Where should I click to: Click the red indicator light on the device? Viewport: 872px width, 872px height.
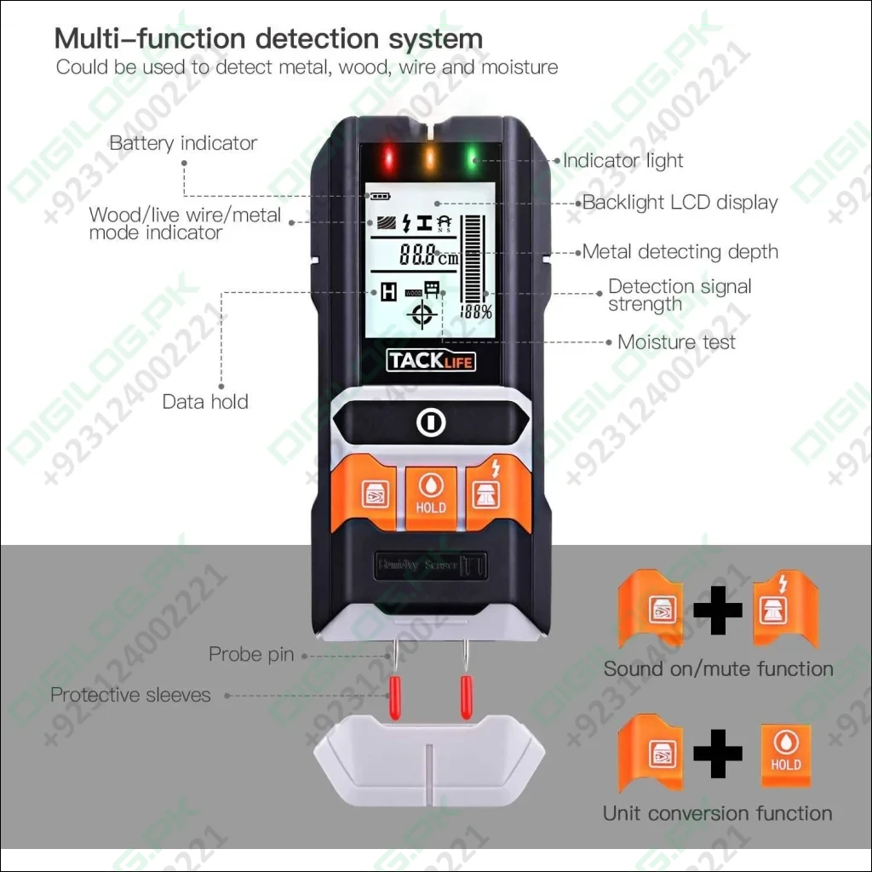pyautogui.click(x=390, y=158)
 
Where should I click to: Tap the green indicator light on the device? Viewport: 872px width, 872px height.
pyautogui.click(x=471, y=158)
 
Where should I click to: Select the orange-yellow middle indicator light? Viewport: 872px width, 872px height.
pyautogui.click(x=430, y=158)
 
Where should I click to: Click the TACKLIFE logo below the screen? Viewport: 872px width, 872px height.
pyautogui.click(x=431, y=361)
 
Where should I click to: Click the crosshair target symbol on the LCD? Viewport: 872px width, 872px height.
pyautogui.click(x=422, y=316)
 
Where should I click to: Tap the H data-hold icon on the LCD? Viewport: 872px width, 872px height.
pyautogui.click(x=389, y=293)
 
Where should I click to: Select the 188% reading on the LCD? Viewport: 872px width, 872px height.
pyautogui.click(x=476, y=312)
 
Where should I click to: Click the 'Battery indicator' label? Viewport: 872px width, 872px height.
pyautogui.click(x=183, y=143)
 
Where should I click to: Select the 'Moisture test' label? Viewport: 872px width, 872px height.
pyautogui.click(x=676, y=342)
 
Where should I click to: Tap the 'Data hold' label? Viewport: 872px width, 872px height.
pyautogui.click(x=205, y=401)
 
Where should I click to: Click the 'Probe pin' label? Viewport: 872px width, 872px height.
pyautogui.click(x=251, y=655)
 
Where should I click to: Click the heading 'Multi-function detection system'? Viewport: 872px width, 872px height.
pyautogui.click(x=268, y=38)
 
